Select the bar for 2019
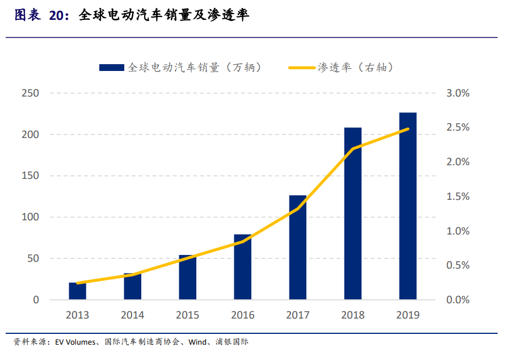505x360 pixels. (407, 206)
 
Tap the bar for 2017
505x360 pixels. (297, 247)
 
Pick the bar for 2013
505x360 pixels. (77, 291)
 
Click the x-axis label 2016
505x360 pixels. (242, 315)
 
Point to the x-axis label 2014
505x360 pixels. (132, 315)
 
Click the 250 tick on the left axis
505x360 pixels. (30, 93)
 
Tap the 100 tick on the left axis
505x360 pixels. (30, 217)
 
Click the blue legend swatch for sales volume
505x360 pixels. (112, 68)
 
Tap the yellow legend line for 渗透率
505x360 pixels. (302, 68)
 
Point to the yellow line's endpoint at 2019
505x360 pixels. (407, 129)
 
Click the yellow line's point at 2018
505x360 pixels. (352, 149)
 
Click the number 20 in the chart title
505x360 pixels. (57, 16)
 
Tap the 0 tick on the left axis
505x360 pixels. (36, 300)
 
